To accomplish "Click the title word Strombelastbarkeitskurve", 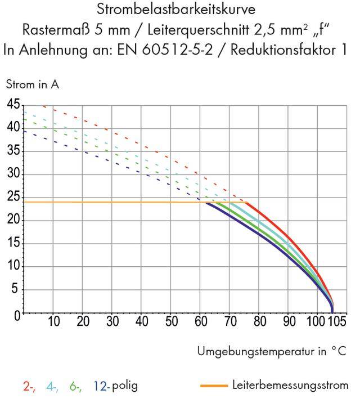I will coord(179,10).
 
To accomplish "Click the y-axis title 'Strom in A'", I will coord(32,85).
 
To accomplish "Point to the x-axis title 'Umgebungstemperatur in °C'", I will coord(272,351).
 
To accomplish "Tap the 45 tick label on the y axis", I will coord(13,105).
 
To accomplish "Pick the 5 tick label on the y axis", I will coord(16,290).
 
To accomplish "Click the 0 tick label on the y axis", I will coord(16,314).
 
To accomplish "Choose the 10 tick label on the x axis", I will coord(54,323).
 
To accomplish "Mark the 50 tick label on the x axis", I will coord(172,323).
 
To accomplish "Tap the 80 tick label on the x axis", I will coord(259,323).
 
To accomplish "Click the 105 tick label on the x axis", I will coord(336,323).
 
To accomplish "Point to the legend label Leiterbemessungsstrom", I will coord(290,386).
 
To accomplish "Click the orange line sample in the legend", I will coord(214,386).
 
